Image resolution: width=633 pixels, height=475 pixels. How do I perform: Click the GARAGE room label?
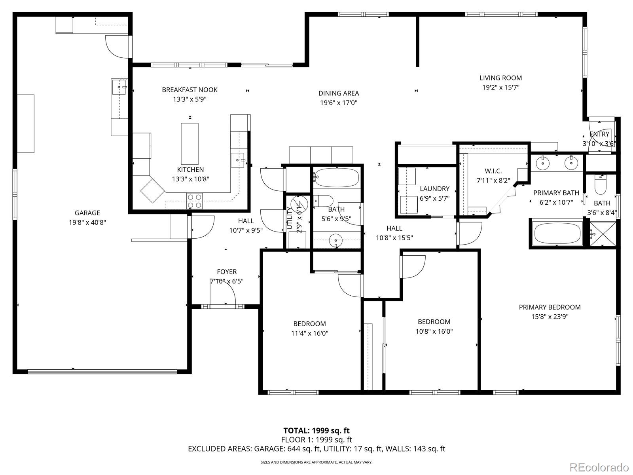(87, 213)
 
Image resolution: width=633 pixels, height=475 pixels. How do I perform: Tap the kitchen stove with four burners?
(194, 201)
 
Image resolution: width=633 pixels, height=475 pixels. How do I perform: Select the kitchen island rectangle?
(190, 144)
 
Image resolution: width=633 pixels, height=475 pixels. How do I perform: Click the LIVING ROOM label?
(500, 78)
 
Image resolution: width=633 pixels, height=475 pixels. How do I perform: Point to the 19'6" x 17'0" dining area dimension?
(339, 103)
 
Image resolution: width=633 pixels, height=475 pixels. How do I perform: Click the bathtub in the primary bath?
(557, 234)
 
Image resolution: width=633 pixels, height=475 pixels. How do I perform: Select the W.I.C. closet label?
(493, 171)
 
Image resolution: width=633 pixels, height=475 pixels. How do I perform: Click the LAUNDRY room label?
(434, 189)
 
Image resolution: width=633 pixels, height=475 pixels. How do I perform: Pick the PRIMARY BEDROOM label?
(550, 307)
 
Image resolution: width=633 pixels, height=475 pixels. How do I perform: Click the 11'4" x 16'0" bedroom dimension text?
(310, 333)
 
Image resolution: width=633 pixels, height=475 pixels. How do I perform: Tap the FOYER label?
(227, 272)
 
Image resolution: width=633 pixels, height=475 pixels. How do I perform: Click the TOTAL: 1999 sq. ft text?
(316, 431)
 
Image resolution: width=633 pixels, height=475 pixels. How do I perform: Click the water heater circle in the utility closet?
(299, 203)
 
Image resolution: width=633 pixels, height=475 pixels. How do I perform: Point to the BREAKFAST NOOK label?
(190, 90)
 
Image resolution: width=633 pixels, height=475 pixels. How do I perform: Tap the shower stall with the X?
(603, 234)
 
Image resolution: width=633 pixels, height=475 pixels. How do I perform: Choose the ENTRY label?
(599, 134)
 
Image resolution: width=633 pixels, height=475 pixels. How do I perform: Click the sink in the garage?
(119, 87)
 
